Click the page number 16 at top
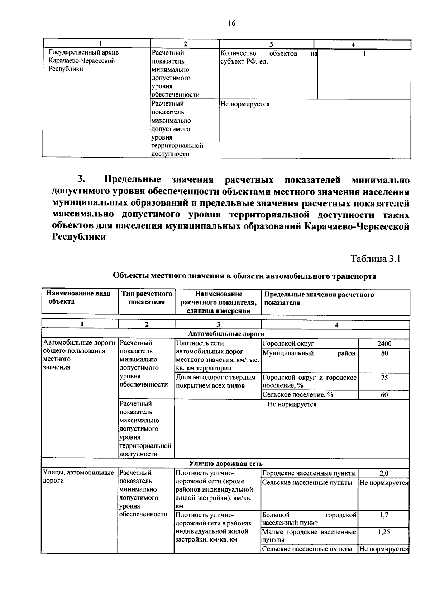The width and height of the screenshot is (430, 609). tap(231, 23)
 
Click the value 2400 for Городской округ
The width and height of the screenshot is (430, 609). tap(384, 343)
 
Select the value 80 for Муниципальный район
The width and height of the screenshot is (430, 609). tap(384, 353)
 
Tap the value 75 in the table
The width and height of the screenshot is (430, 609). tap(384, 378)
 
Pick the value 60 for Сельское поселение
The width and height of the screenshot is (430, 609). tap(384, 395)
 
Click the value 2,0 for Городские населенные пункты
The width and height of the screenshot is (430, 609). tap(384, 473)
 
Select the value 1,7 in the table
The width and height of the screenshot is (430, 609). tap(384, 515)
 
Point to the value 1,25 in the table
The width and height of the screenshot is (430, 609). tap(384, 532)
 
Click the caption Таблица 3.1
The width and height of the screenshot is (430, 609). tap(375, 259)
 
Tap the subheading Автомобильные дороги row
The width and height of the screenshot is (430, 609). tap(226, 334)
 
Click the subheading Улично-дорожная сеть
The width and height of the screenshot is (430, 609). tap(226, 464)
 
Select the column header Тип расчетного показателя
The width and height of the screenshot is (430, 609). tap(147, 298)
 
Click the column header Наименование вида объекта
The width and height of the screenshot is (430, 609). tap(78, 298)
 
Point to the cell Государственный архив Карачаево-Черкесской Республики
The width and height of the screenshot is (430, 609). tap(83, 61)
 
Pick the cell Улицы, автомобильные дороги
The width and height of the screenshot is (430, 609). tap(78, 477)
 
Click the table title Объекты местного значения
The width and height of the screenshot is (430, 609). tap(244, 276)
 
